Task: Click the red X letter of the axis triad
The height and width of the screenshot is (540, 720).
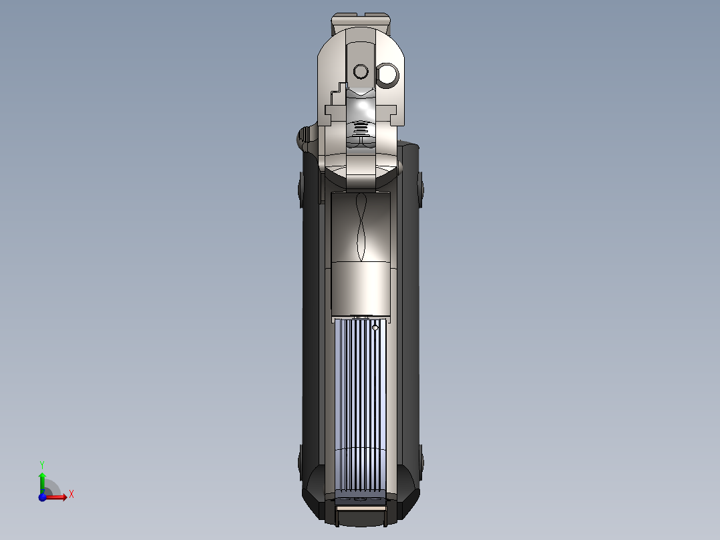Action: tap(71, 495)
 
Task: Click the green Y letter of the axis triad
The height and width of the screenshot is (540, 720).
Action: tap(41, 464)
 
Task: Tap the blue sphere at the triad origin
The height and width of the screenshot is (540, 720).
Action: tap(43, 497)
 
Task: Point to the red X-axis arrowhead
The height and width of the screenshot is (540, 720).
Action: tap(63, 497)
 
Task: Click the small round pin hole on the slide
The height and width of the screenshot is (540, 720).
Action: tap(361, 71)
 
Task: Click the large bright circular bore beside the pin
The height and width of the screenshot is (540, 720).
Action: tap(387, 76)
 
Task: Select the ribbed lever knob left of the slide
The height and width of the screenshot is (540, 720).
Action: tap(306, 138)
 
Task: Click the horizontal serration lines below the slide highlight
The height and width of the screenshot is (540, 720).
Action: tap(361, 127)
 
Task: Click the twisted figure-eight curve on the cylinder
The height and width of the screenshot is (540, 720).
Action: tap(361, 228)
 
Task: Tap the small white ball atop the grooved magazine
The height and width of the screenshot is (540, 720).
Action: tap(375, 327)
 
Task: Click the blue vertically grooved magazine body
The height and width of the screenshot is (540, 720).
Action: tap(361, 401)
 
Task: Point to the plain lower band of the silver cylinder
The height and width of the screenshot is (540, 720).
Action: tap(361, 287)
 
